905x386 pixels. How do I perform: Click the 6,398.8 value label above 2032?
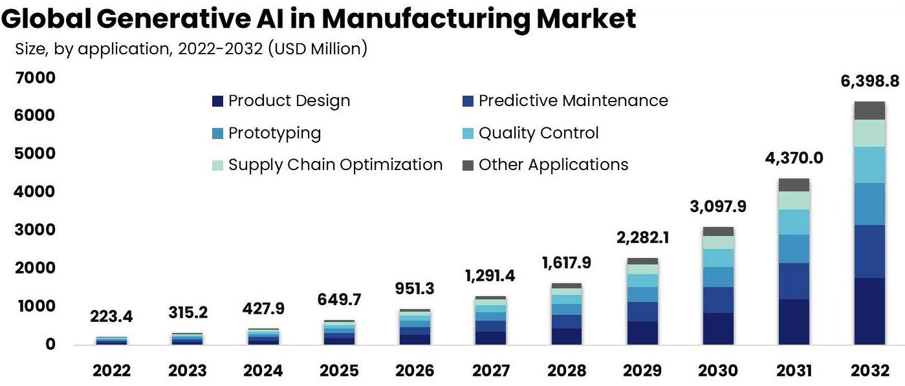[869, 82]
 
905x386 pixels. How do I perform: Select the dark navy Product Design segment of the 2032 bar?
[869, 311]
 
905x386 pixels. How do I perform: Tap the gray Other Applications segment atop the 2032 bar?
[869, 111]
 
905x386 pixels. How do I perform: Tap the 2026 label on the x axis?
[415, 371]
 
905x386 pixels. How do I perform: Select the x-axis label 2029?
[642, 371]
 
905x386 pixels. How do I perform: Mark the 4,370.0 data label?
[794, 158]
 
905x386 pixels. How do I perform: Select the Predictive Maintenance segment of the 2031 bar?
[794, 281]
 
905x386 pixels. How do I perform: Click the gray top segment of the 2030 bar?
[718, 231]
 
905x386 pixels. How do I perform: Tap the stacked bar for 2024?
[263, 337]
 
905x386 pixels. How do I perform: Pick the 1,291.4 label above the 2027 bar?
[490, 277]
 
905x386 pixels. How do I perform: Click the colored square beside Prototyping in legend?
[217, 133]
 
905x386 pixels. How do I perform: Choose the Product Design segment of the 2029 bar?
[642, 332]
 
